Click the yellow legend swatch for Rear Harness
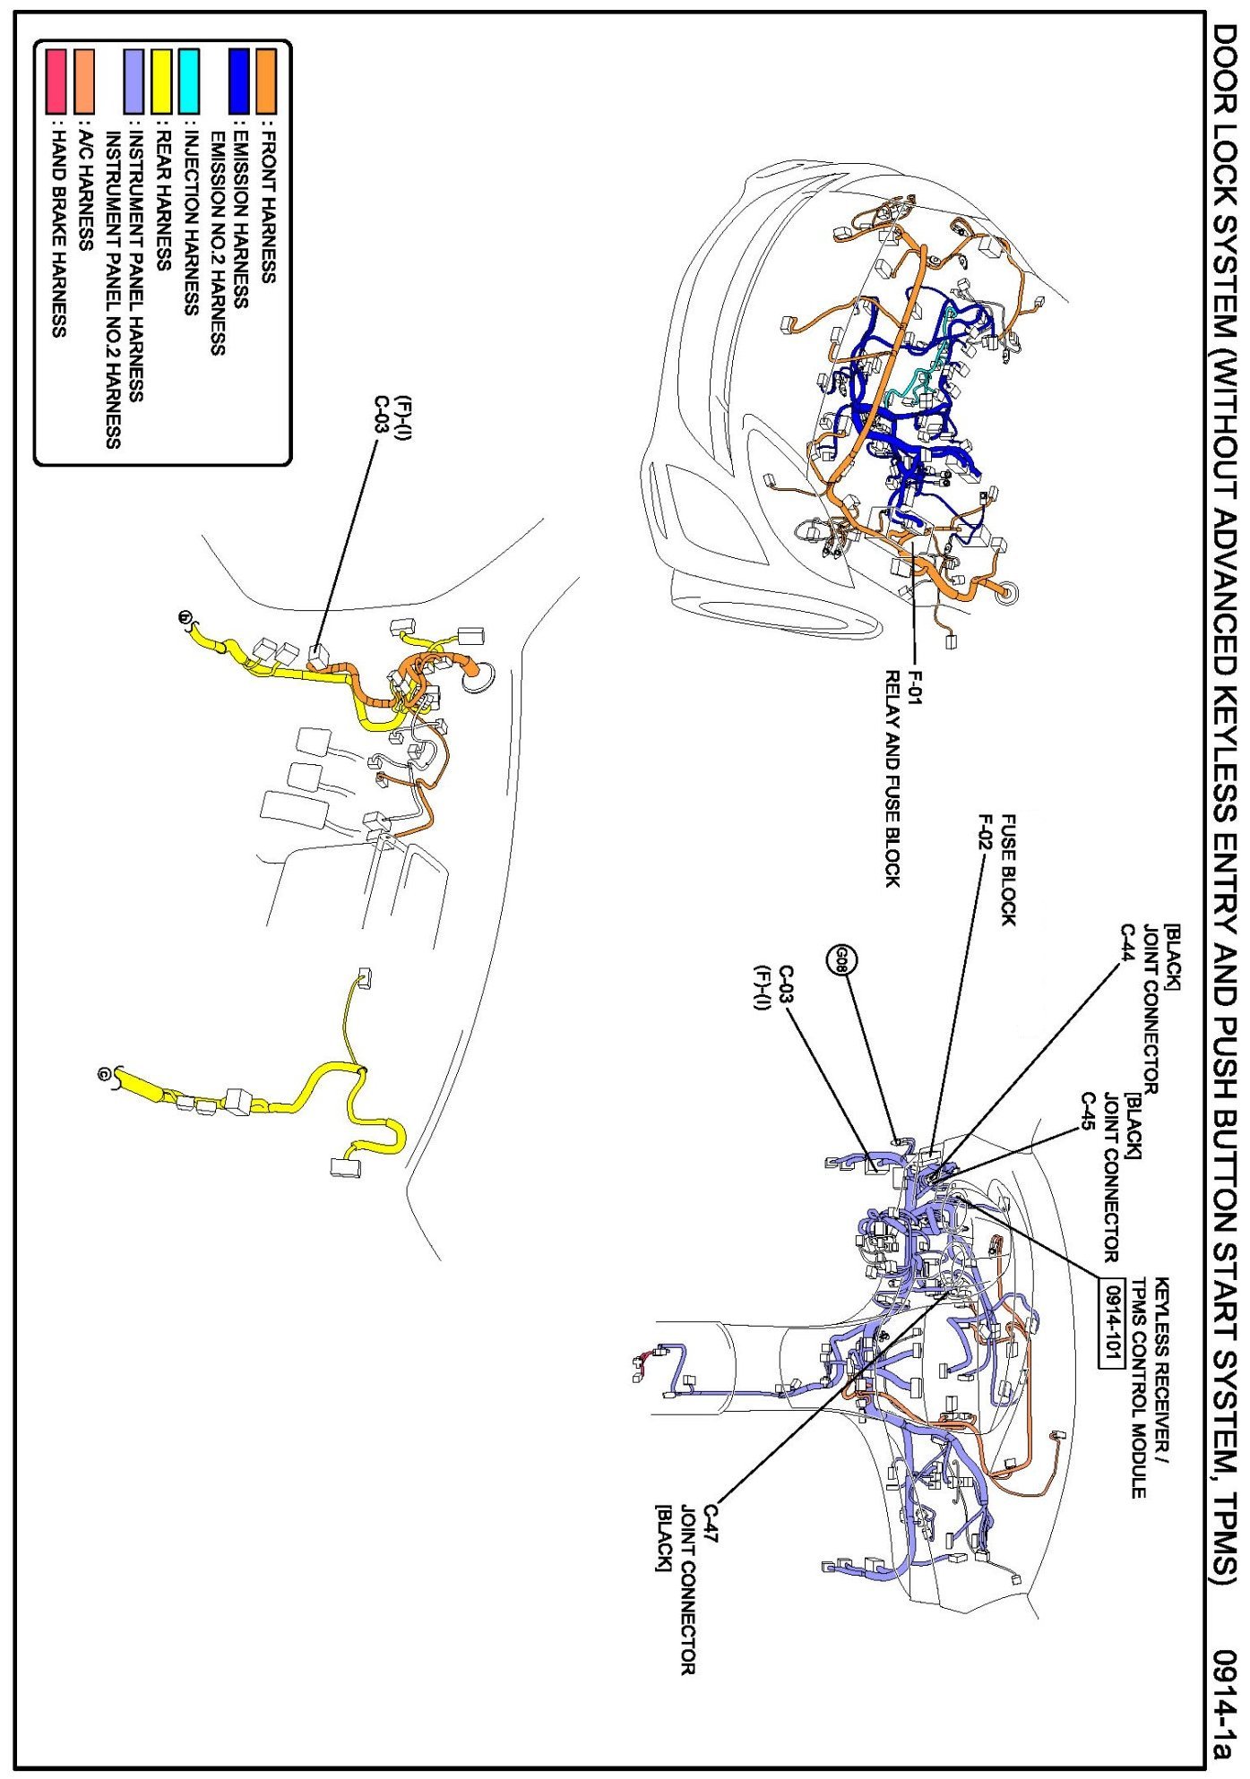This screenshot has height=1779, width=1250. [x=162, y=80]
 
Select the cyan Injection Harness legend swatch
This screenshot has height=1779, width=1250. [x=188, y=80]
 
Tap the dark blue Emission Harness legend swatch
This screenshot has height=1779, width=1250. [x=239, y=80]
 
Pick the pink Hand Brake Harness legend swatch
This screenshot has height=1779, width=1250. [x=56, y=80]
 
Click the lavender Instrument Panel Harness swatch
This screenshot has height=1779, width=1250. [x=134, y=80]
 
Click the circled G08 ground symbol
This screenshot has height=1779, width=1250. [x=842, y=963]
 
